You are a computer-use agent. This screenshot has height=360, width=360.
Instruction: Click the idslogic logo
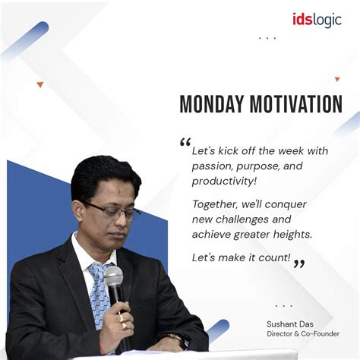(x=317, y=20)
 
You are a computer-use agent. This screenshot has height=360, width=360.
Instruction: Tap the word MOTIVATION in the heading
(x=296, y=104)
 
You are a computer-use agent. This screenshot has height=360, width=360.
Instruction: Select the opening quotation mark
(x=185, y=142)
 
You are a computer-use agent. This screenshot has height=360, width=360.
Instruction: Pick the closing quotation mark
(x=299, y=264)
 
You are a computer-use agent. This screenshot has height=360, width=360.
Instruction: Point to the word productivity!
(x=224, y=182)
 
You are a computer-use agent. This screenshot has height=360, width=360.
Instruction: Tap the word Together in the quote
(x=215, y=204)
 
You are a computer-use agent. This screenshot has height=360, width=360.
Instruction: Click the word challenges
(x=242, y=219)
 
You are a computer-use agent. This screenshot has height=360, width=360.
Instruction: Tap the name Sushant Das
(x=290, y=324)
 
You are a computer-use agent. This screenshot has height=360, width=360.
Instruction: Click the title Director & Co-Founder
(x=303, y=334)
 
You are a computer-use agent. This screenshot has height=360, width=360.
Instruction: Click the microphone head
(x=113, y=276)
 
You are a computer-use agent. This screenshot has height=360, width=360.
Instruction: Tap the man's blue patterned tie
(x=99, y=294)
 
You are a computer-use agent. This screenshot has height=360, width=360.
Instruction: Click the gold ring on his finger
(x=125, y=325)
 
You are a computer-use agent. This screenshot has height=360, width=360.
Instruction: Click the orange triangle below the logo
(x=337, y=79)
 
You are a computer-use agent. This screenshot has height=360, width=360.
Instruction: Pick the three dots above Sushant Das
(x=283, y=306)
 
